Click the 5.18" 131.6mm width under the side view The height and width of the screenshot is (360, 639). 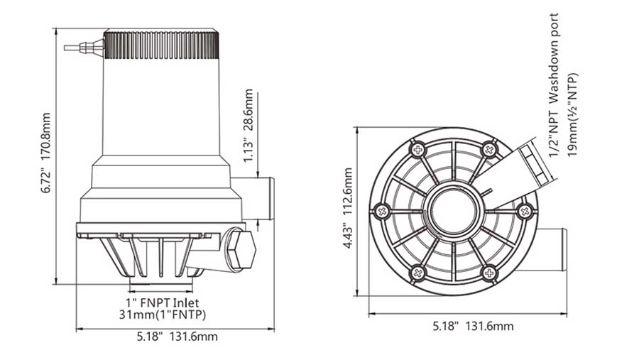tap(175, 338)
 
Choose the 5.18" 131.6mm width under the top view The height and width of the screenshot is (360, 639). tap(473, 326)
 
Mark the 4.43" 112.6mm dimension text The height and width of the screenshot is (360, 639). tap(347, 210)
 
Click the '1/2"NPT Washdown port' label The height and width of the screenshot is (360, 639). tap(555, 78)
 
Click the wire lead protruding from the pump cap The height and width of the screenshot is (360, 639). tap(82, 48)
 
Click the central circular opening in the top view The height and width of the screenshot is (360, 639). tap(452, 211)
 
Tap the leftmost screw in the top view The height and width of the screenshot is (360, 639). tap(382, 211)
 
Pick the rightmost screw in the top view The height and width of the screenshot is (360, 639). tap(525, 211)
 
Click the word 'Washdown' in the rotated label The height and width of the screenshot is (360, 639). tap(555, 67)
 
